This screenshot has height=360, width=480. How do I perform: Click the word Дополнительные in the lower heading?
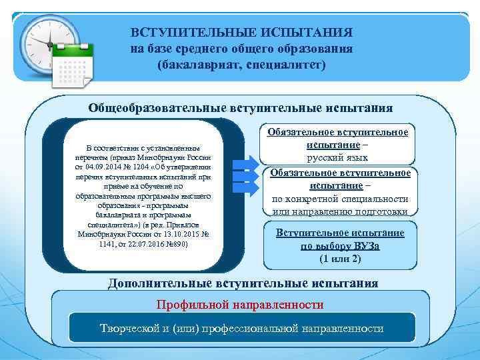click(161, 283)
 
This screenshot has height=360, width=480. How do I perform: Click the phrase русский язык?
click(337, 158)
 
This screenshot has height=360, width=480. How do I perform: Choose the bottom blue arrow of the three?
click(243, 187)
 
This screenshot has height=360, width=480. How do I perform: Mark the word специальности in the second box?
click(377, 199)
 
